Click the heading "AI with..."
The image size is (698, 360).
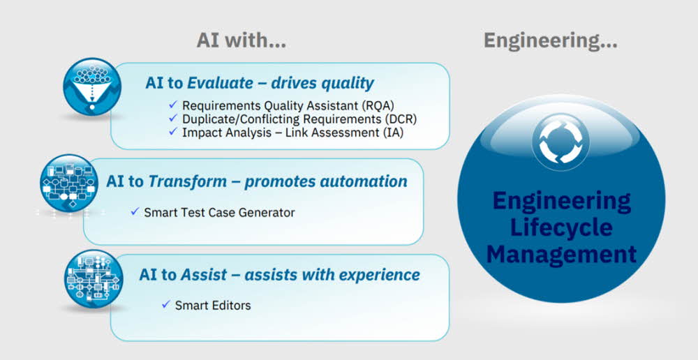pyautogui.click(x=242, y=40)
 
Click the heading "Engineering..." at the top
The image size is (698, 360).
pyautogui.click(x=550, y=41)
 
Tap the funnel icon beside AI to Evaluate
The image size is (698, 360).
pyautogui.click(x=91, y=87)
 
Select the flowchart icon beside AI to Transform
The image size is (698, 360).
pyautogui.click(x=68, y=183)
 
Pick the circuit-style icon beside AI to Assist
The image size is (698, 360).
pyautogui.click(x=94, y=278)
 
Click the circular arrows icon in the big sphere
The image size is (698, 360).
pyautogui.click(x=560, y=142)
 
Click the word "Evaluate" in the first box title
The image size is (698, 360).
pyautogui.click(x=217, y=83)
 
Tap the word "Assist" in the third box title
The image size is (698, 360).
pyautogui.click(x=204, y=275)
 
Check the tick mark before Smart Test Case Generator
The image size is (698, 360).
pyautogui.click(x=135, y=211)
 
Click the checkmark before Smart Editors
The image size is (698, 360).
pyautogui.click(x=166, y=304)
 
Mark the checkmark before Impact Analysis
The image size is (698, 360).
pyautogui.click(x=173, y=132)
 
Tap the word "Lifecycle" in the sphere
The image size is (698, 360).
pyautogui.click(x=561, y=228)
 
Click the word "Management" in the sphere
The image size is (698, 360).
pyautogui.click(x=561, y=255)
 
